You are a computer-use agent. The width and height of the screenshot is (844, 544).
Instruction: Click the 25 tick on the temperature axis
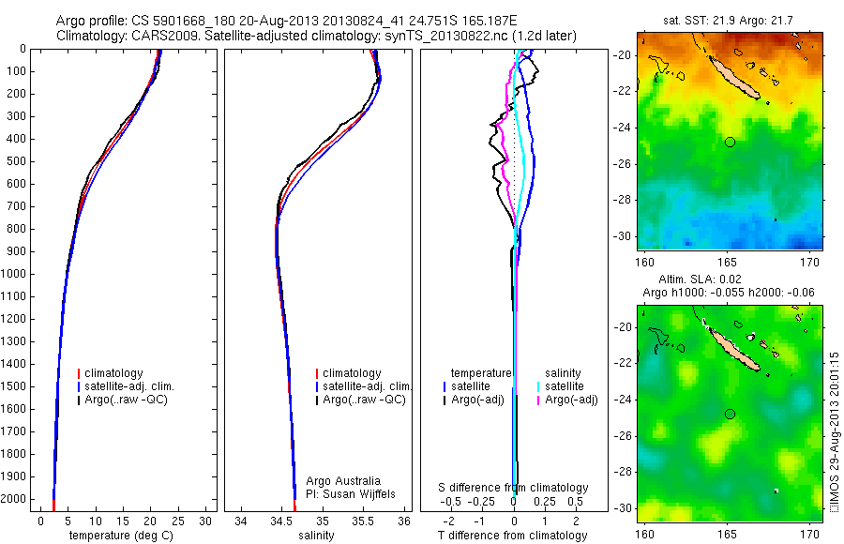pyautogui.click(x=177, y=521)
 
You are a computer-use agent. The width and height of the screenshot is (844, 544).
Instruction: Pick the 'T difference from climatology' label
pyautogui.click(x=513, y=536)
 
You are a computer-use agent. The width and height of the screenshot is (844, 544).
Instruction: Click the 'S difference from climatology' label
pyautogui.click(x=514, y=488)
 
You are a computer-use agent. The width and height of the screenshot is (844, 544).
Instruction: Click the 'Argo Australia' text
pyautogui.click(x=344, y=480)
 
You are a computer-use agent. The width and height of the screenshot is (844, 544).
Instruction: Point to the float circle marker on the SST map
pyautogui.click(x=730, y=142)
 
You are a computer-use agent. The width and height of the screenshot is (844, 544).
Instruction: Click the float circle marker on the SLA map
pyautogui.click(x=730, y=414)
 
